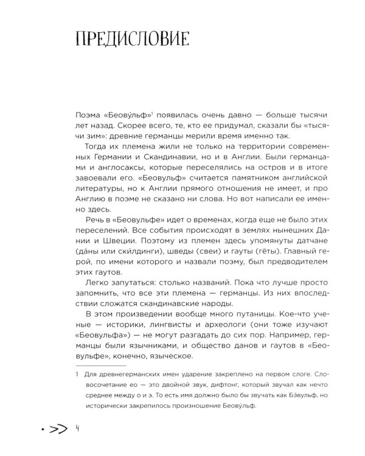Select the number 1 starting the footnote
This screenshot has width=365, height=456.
[69, 378]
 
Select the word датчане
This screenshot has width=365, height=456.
[276, 243]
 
